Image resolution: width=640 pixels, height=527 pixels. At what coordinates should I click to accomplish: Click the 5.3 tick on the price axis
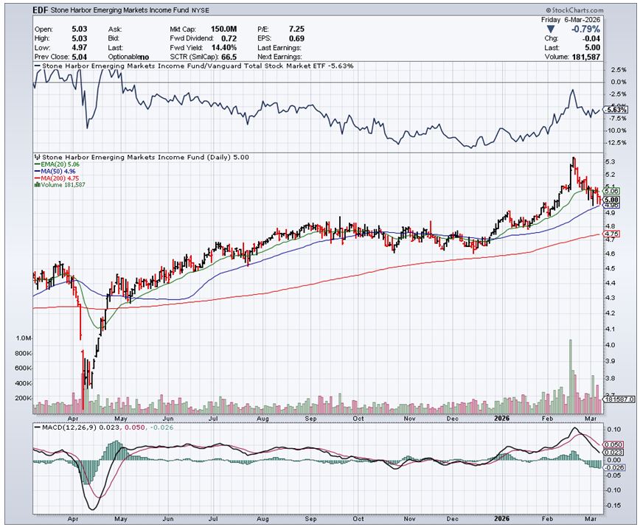610,162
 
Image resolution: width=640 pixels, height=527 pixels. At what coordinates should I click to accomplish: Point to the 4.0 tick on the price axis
610,346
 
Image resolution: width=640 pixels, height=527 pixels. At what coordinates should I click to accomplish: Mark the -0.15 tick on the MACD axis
612,505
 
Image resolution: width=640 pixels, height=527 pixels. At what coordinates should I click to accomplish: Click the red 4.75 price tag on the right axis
611,234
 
